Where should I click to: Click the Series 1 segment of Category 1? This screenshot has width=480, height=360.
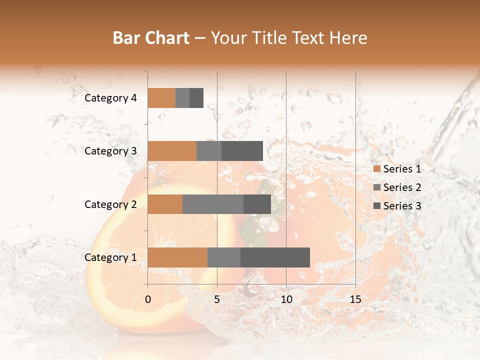[x=177, y=257]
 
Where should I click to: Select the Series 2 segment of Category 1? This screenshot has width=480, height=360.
[x=224, y=257]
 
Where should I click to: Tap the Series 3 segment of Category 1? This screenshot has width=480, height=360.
[x=275, y=257]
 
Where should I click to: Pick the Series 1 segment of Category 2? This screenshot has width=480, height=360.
[x=165, y=204]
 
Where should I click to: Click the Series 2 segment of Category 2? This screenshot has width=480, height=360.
[x=213, y=204]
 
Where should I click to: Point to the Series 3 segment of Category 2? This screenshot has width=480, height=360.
[x=257, y=204]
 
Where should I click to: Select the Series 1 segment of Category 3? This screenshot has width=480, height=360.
[x=172, y=151]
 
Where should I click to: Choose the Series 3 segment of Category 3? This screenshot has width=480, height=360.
[x=242, y=151]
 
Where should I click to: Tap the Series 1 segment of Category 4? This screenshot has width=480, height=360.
[x=161, y=98]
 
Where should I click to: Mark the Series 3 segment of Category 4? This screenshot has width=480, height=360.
[x=196, y=98]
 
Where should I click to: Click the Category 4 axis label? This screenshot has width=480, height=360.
[x=110, y=98]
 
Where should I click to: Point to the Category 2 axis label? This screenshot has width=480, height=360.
[x=110, y=204]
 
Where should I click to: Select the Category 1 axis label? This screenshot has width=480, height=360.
[x=110, y=257]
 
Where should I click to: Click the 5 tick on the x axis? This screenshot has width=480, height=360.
[x=217, y=299]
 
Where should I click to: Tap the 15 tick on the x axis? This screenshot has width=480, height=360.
[x=355, y=299]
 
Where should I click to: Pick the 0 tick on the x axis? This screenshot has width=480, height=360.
[x=148, y=299]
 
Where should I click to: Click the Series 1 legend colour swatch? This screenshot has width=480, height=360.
[x=376, y=169]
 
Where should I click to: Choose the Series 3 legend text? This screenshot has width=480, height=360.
[x=402, y=206]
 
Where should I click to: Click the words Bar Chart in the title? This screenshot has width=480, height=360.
[x=151, y=38]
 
